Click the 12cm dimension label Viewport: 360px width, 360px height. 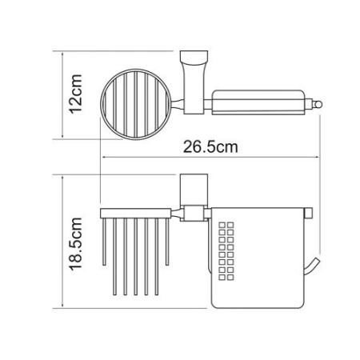click(75, 94)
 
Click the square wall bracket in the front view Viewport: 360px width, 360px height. click(191, 191)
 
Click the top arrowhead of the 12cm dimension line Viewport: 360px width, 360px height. click(62, 53)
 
